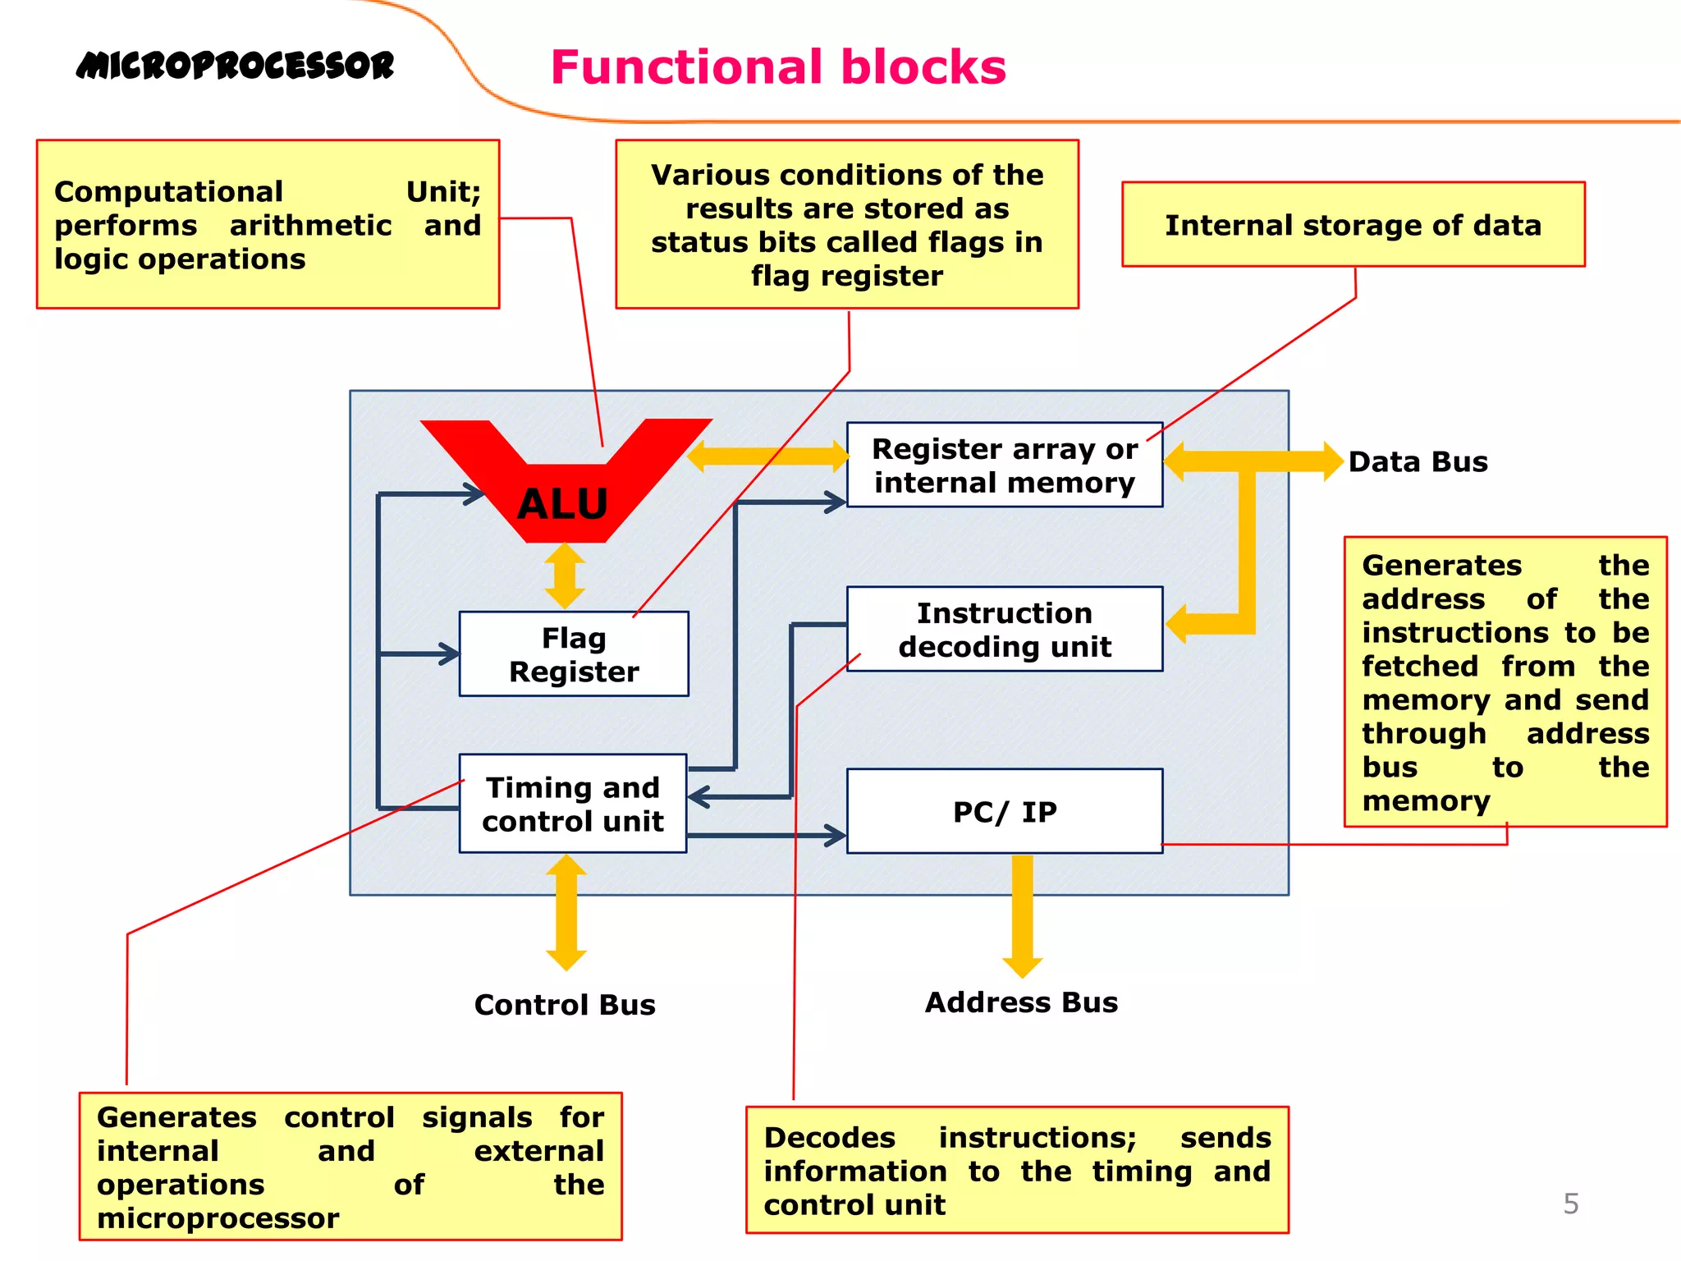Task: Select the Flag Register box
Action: pyautogui.click(x=573, y=654)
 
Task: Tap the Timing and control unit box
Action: pyautogui.click(x=572, y=804)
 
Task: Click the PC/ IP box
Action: pyautogui.click(x=1004, y=811)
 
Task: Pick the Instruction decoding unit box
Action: pyautogui.click(x=1004, y=629)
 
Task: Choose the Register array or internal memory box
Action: pyautogui.click(x=1004, y=465)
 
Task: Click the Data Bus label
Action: pyautogui.click(x=1418, y=461)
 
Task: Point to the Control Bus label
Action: pyautogui.click(x=565, y=1005)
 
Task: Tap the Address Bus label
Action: pyautogui.click(x=1021, y=1002)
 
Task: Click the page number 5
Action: pyautogui.click(x=1570, y=1204)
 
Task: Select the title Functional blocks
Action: pyautogui.click(x=778, y=67)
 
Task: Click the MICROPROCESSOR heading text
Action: pyautogui.click(x=236, y=66)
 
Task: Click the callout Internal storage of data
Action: pyautogui.click(x=1353, y=225)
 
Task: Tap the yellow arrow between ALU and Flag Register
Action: pyautogui.click(x=565, y=576)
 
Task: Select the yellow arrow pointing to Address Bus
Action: pyautogui.click(x=1022, y=915)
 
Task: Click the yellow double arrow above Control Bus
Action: pyautogui.click(x=566, y=912)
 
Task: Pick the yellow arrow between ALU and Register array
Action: pyautogui.click(x=768, y=456)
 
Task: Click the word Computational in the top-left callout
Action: pyautogui.click(x=168, y=192)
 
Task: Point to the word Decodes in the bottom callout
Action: pyautogui.click(x=829, y=1138)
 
